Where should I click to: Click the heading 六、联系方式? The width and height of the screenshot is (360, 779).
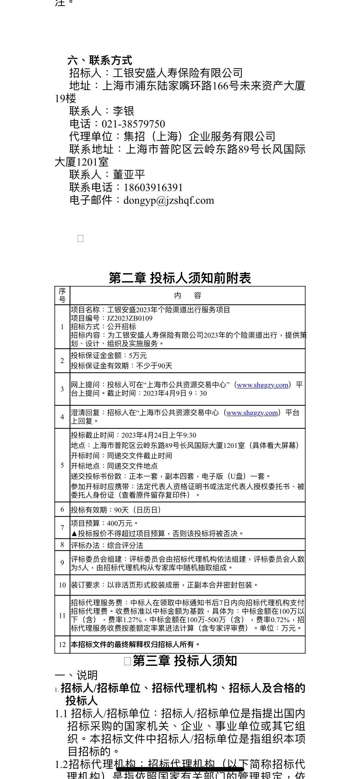[100, 60]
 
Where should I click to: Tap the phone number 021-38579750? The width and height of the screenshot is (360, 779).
[133, 124]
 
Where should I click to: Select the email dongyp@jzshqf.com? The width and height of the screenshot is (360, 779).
[168, 200]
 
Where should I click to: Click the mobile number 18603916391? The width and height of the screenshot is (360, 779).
[153, 187]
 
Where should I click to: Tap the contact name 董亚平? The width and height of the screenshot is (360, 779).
[129, 175]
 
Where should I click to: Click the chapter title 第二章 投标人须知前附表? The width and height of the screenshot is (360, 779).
[180, 278]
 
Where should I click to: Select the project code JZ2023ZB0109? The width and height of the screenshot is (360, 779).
[130, 318]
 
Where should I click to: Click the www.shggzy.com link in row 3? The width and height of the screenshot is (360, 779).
[262, 385]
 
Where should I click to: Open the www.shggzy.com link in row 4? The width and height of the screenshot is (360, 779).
[252, 413]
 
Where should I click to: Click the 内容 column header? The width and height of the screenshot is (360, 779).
[187, 296]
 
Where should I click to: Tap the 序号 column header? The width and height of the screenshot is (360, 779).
[62, 296]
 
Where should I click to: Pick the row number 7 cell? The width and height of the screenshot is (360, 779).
[62, 528]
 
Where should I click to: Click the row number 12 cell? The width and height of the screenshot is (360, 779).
[62, 645]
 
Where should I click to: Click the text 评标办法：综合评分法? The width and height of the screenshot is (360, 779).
[107, 545]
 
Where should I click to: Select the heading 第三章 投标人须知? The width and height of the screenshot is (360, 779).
[185, 661]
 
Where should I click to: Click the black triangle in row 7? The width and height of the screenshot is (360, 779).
[74, 533]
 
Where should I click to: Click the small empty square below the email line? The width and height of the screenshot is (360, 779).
[81, 238]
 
